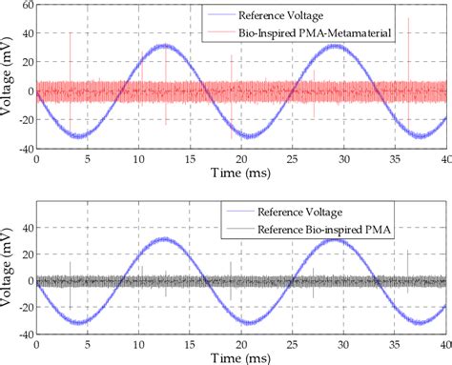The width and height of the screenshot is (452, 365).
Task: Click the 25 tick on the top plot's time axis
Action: click(292, 158)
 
